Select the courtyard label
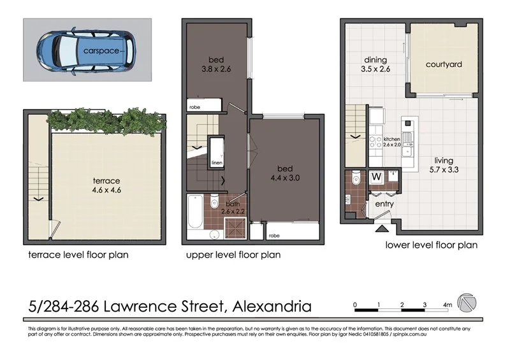[444, 64]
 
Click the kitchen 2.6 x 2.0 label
[392, 141]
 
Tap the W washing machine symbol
[377, 176]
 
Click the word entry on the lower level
[384, 203]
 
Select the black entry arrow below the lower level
[382, 228]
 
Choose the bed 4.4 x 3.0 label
[284, 174]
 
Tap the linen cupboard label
[217, 162]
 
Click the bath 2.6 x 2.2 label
[232, 206]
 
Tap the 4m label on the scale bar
[448, 305]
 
